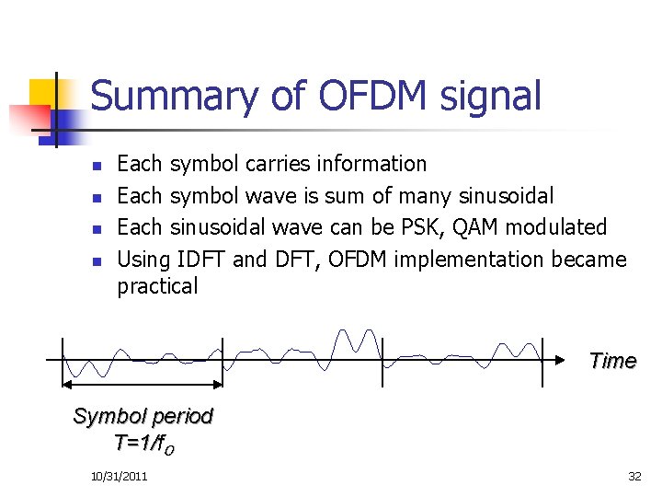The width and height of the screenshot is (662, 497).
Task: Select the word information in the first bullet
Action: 371,164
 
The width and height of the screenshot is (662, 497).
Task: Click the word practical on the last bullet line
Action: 157,286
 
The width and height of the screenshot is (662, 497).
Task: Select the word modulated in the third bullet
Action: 562,226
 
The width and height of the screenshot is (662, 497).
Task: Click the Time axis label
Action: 612,361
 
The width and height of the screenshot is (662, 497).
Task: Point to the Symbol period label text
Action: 143,416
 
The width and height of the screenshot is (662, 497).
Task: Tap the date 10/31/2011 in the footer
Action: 120,476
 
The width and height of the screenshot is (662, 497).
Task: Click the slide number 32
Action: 633,476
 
